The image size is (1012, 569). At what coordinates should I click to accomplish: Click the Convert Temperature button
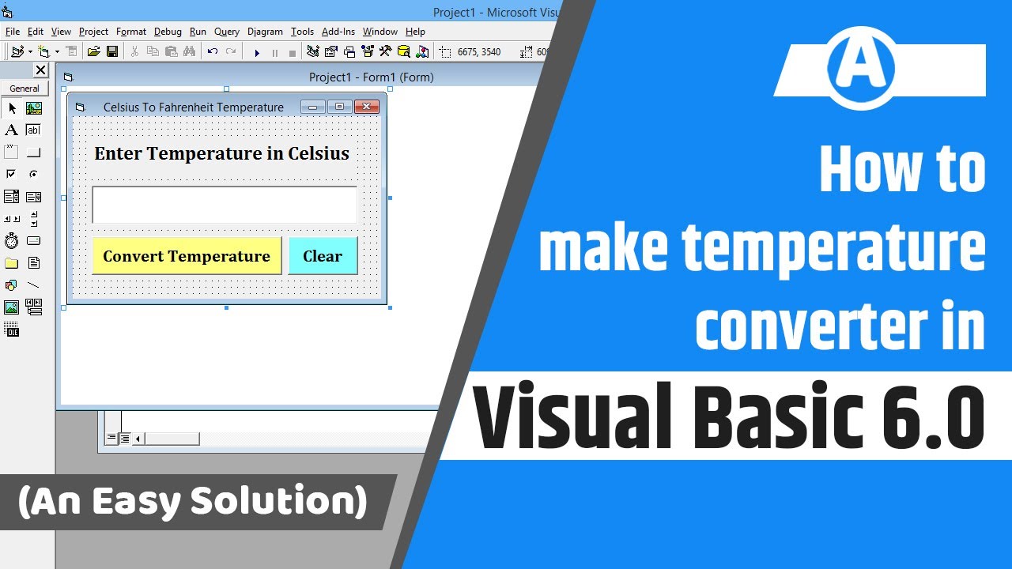(187, 256)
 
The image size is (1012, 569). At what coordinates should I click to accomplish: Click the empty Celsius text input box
(225, 205)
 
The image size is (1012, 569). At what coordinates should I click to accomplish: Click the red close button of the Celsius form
(366, 107)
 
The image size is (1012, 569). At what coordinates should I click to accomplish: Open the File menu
(13, 32)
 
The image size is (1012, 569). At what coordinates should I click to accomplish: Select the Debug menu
(168, 32)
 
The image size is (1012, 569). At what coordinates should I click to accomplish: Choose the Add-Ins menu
(338, 32)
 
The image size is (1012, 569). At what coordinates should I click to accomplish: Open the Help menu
(415, 32)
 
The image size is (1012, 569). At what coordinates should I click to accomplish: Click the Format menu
(131, 32)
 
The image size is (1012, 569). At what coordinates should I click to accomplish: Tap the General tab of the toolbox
(25, 89)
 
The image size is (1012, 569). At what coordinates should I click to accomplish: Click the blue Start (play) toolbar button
(257, 52)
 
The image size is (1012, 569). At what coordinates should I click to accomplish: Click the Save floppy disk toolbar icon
(112, 52)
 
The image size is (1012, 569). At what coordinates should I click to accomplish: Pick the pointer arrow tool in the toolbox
(12, 108)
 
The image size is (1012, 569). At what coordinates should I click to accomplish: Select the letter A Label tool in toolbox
(11, 130)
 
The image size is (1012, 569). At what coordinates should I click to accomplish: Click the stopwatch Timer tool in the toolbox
(11, 240)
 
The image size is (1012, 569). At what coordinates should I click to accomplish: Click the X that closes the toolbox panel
(41, 70)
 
